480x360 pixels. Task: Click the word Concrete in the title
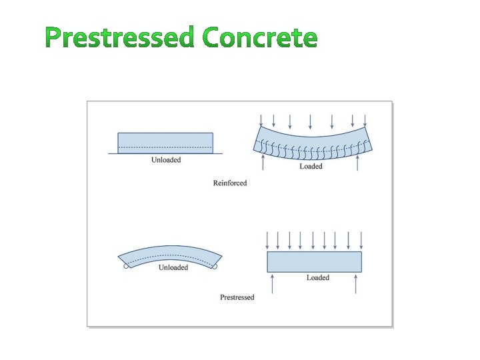(x=260, y=38)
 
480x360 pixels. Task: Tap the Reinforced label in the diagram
(x=230, y=183)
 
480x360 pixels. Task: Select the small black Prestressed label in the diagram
(x=237, y=297)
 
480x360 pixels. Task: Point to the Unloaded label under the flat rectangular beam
(x=166, y=160)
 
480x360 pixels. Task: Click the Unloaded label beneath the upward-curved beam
(x=173, y=268)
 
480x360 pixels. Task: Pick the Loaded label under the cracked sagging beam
(x=311, y=167)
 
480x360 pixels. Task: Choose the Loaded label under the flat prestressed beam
(x=318, y=278)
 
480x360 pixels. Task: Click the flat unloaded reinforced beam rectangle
(x=165, y=143)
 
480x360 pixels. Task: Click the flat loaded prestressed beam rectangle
(x=315, y=261)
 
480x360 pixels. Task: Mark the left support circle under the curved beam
(x=126, y=267)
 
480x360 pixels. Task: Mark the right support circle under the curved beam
(x=215, y=267)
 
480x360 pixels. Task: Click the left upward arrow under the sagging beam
(x=265, y=162)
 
